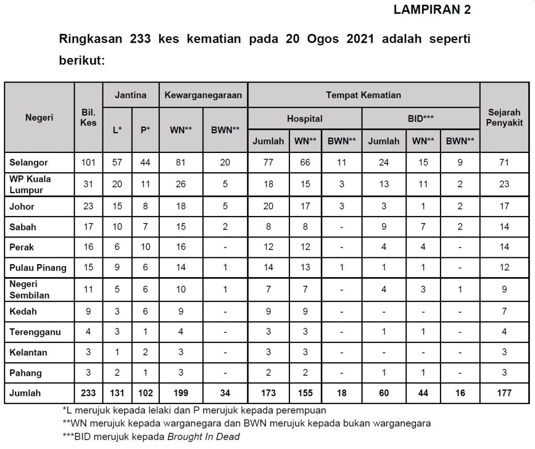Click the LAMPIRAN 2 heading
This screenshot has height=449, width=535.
[432, 10]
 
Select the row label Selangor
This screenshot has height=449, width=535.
[29, 162]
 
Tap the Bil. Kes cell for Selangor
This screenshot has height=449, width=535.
[88, 162]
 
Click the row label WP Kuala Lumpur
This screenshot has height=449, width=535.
[30, 184]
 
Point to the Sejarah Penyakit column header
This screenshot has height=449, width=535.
[504, 117]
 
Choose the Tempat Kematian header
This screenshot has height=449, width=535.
[364, 95]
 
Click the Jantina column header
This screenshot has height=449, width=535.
[131, 95]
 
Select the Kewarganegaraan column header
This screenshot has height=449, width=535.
[203, 95]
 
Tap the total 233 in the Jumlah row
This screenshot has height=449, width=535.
[88, 393]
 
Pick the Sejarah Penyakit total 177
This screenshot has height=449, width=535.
[504, 393]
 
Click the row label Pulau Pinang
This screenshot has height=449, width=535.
[38, 268]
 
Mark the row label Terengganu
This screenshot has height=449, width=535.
[35, 332]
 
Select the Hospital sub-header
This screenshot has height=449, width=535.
[305, 119]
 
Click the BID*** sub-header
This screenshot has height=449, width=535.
[421, 119]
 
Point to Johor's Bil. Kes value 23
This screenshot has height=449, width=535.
[88, 206]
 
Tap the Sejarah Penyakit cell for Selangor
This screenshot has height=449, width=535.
[504, 162]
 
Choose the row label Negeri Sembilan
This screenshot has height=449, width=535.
[30, 289]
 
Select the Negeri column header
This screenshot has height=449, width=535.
[39, 117]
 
